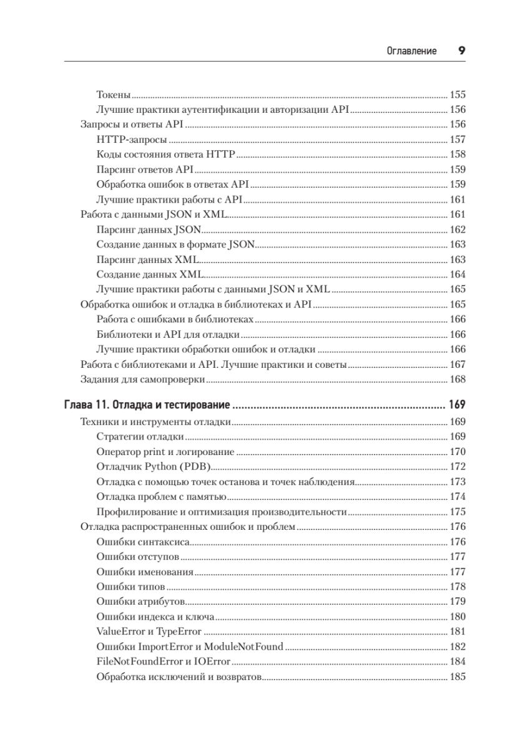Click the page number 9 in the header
click(462, 51)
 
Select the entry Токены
click(114, 95)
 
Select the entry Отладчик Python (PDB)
click(154, 466)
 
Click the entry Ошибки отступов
click(138, 557)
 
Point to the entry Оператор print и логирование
click(165, 451)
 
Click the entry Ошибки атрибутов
click(140, 602)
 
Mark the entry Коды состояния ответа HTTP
click(165, 155)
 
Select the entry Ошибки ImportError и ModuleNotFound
click(190, 646)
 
